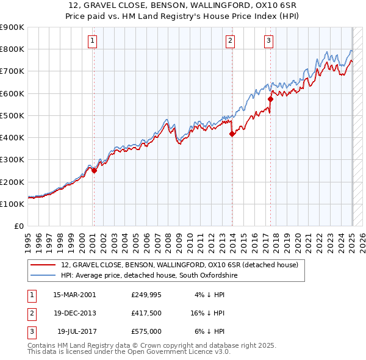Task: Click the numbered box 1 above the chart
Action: (92, 41)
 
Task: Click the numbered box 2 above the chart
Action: (231, 41)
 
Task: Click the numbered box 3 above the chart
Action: (269, 41)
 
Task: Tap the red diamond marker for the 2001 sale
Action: (95, 171)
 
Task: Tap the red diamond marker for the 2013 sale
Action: (232, 134)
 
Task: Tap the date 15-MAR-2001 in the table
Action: (74, 295)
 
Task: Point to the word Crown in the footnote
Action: (154, 345)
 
